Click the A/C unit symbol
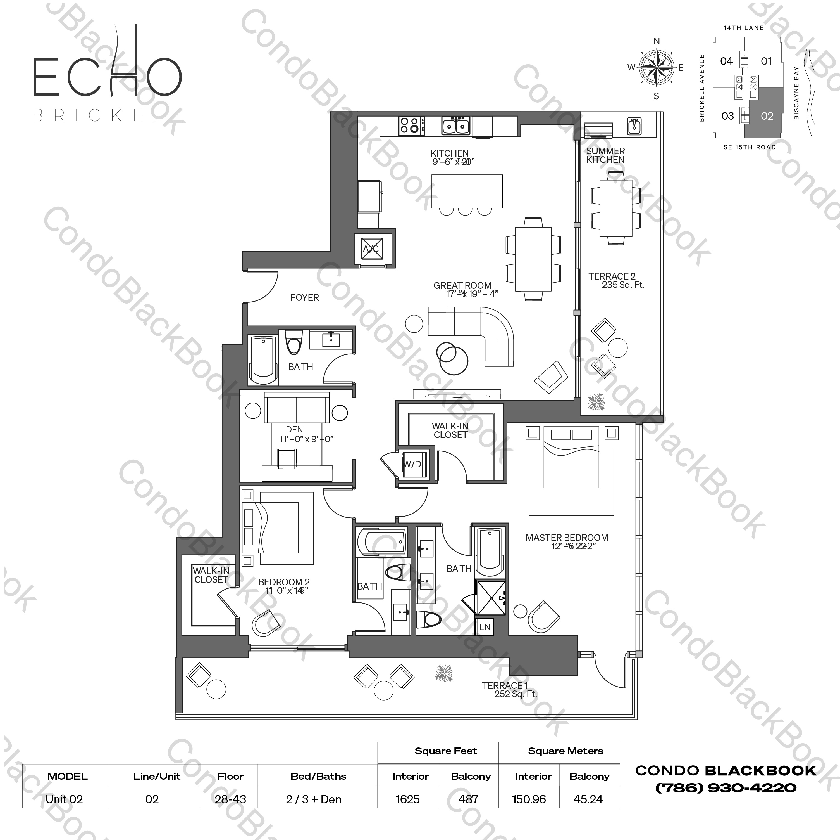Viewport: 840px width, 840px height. pos(372,249)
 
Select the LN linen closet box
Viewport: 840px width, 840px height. pos(485,627)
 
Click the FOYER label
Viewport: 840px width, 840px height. pos(304,298)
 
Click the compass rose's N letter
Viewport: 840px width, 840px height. pos(657,42)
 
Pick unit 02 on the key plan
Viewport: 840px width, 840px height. pos(767,116)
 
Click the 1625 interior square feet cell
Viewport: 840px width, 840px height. pos(407,799)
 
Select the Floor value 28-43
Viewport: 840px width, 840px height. pos(230,799)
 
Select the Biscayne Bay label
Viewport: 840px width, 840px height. pos(796,93)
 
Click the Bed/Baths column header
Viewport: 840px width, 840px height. pos(318,776)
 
